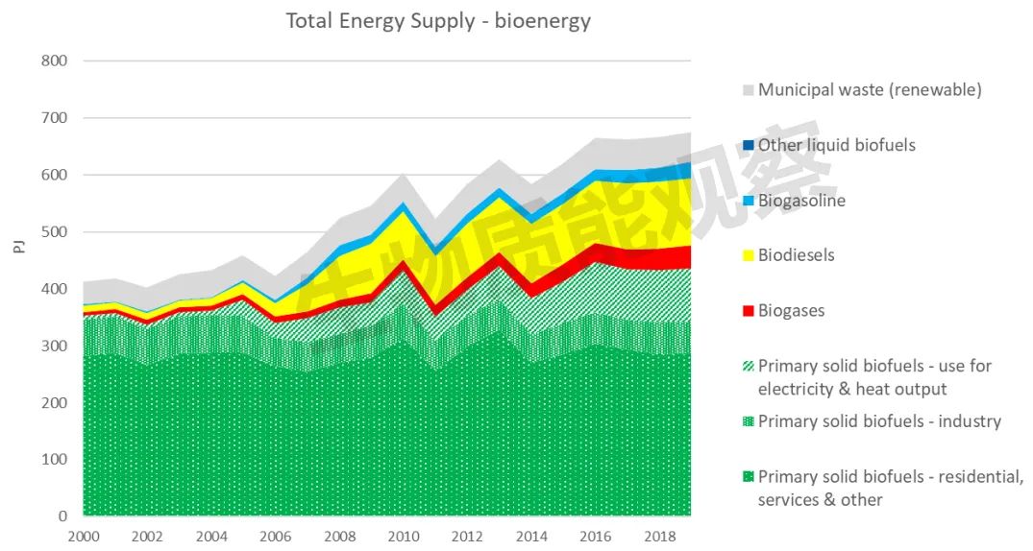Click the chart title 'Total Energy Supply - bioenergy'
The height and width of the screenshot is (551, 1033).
(x=438, y=21)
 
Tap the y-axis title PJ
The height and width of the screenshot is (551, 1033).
(x=19, y=247)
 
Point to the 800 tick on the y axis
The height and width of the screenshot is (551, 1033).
(x=54, y=61)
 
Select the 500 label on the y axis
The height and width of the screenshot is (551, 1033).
(x=54, y=231)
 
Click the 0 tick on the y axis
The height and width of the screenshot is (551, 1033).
(x=62, y=516)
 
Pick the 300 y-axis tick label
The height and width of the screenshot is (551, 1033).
(x=54, y=346)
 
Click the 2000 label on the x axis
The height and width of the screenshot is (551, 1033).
(x=84, y=537)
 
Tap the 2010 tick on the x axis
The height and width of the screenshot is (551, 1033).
(x=404, y=537)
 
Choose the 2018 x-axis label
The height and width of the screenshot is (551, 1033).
(x=659, y=537)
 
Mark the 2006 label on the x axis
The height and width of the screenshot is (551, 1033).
(x=276, y=537)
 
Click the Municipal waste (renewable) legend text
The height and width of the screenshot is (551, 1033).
(x=870, y=89)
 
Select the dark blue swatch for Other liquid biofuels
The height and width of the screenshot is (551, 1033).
(x=749, y=146)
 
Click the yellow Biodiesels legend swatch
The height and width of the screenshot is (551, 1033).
(x=749, y=256)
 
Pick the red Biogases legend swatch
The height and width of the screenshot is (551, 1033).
(x=749, y=311)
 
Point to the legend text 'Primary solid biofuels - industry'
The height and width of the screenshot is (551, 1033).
(x=879, y=421)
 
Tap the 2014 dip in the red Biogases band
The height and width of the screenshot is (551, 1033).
(x=531, y=291)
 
